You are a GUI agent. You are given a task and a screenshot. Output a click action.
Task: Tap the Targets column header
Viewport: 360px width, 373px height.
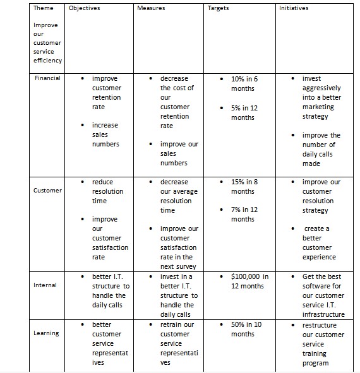pos(218,8)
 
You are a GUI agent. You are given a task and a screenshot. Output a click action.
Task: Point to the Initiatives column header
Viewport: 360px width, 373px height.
pos(294,8)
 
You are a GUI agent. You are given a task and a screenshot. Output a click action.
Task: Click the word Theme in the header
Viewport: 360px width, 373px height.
pos(43,8)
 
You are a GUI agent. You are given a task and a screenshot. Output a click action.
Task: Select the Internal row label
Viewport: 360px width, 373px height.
pos(45,285)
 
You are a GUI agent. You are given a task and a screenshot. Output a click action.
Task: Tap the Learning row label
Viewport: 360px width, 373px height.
pos(46,333)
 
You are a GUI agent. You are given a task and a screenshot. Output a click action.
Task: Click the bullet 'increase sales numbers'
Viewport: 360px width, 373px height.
pos(105,134)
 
